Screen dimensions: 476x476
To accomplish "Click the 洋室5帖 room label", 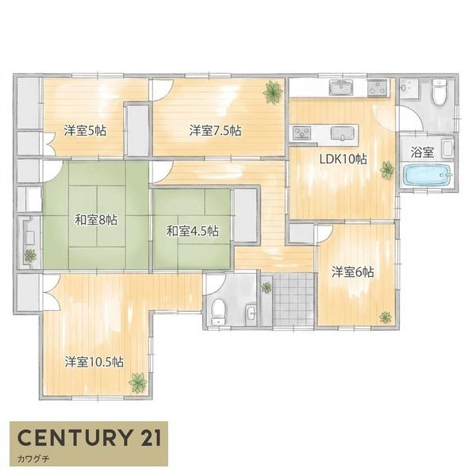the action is pyautogui.click(x=85, y=131).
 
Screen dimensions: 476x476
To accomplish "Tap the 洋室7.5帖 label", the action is pyautogui.click(x=216, y=131).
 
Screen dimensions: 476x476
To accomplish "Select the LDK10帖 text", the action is pyautogui.click(x=343, y=159).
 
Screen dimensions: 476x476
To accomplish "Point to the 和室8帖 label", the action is pyautogui.click(x=96, y=220).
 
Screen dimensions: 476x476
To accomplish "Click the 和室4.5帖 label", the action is pyautogui.click(x=193, y=232).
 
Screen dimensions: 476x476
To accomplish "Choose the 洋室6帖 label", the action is pyautogui.click(x=353, y=272).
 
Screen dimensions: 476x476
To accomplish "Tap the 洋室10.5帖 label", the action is pyautogui.click(x=94, y=362).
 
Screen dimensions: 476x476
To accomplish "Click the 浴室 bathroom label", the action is pyautogui.click(x=422, y=152).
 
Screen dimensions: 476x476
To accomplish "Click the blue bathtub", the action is pyautogui.click(x=428, y=175).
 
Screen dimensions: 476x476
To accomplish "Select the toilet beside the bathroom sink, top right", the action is pyautogui.click(x=440, y=91).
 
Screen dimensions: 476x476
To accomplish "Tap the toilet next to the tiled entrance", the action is pyautogui.click(x=218, y=311).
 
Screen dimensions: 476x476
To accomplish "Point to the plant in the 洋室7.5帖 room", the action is pyautogui.click(x=273, y=92).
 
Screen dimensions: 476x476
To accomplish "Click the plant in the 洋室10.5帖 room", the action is pyautogui.click(x=138, y=382).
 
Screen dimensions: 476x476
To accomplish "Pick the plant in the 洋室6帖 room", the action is pyautogui.click(x=386, y=317).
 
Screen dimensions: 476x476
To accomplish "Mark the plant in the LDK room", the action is pyautogui.click(x=387, y=170).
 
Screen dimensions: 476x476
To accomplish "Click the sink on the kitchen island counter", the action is pyautogui.click(x=343, y=133).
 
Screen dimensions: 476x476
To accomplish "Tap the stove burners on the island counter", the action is pyautogui.click(x=302, y=133).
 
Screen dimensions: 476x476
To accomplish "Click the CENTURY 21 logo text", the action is pyautogui.click(x=89, y=437).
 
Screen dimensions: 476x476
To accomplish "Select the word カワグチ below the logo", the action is pyautogui.click(x=33, y=459).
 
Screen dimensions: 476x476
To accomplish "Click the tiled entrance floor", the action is pyautogui.click(x=293, y=299).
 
